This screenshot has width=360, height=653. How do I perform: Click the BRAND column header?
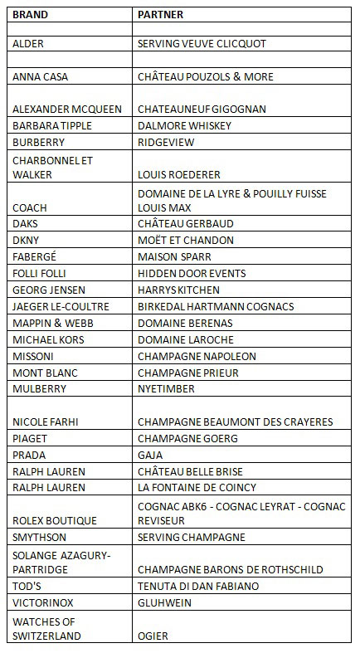(x=30, y=15)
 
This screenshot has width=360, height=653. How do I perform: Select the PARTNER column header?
(x=161, y=15)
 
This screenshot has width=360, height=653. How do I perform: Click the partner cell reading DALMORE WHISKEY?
(x=184, y=125)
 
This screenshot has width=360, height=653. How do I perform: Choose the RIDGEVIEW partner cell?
(x=166, y=142)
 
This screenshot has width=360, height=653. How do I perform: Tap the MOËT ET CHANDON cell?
(x=186, y=240)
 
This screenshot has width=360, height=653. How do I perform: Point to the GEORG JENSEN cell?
(x=46, y=290)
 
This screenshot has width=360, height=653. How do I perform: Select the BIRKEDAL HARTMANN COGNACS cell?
(x=216, y=306)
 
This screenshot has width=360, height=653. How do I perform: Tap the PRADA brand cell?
(x=30, y=455)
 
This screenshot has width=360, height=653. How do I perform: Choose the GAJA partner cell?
(x=151, y=455)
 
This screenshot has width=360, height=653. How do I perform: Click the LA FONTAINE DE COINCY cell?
(x=197, y=487)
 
